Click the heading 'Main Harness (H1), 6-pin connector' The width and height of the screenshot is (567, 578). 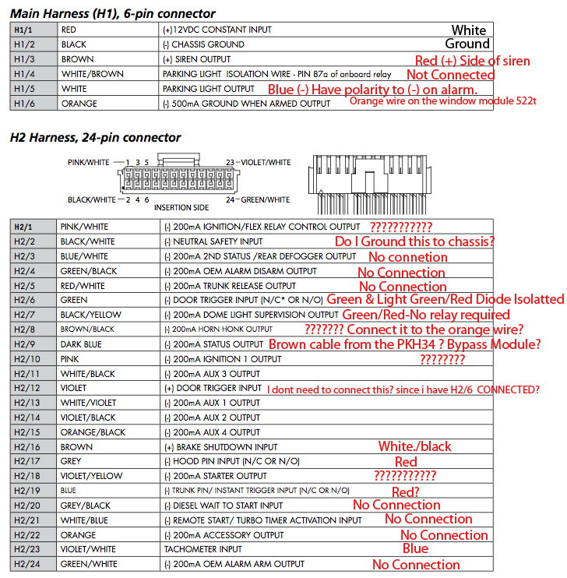pyautogui.click(x=113, y=13)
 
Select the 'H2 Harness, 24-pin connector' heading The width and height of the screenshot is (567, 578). pyautogui.click(x=95, y=137)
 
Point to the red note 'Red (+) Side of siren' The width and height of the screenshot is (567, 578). pyautogui.click(x=472, y=61)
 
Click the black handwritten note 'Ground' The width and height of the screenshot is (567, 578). pyautogui.click(x=467, y=44)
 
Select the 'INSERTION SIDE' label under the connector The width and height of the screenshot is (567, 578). pyautogui.click(x=181, y=207)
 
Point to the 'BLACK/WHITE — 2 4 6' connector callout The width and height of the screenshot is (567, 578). pyautogui.click(x=108, y=199)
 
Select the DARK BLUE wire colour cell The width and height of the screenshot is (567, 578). pyautogui.click(x=82, y=344)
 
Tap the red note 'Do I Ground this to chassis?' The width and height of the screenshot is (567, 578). pyautogui.click(x=414, y=241)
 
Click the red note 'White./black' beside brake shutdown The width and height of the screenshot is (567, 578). pyautogui.click(x=414, y=446)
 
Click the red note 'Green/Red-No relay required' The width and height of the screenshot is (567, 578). pyautogui.click(x=425, y=315)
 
